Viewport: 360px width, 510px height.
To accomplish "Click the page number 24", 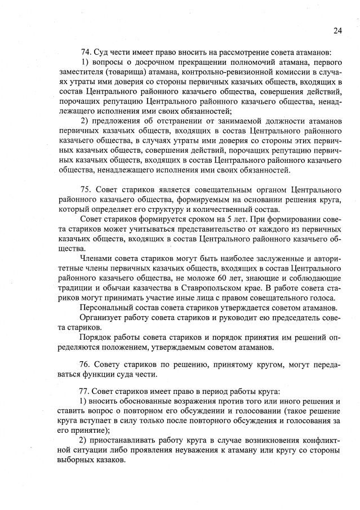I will pos(337,30).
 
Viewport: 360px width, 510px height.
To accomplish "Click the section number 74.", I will pos(86,53).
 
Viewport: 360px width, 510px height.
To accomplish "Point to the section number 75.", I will pos(86,188).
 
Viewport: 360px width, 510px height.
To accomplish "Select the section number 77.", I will pos(86,391).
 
